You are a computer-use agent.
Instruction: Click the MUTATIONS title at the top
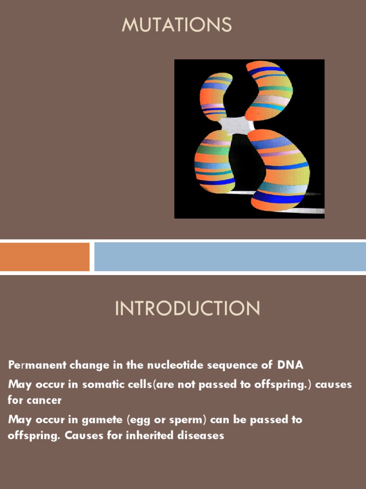point(177,24)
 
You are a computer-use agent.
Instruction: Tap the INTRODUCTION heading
point(188,308)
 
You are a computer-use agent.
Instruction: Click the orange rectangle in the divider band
point(44,257)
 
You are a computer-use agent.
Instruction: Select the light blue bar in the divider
point(230,257)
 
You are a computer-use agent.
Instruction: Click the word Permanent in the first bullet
point(37,365)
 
